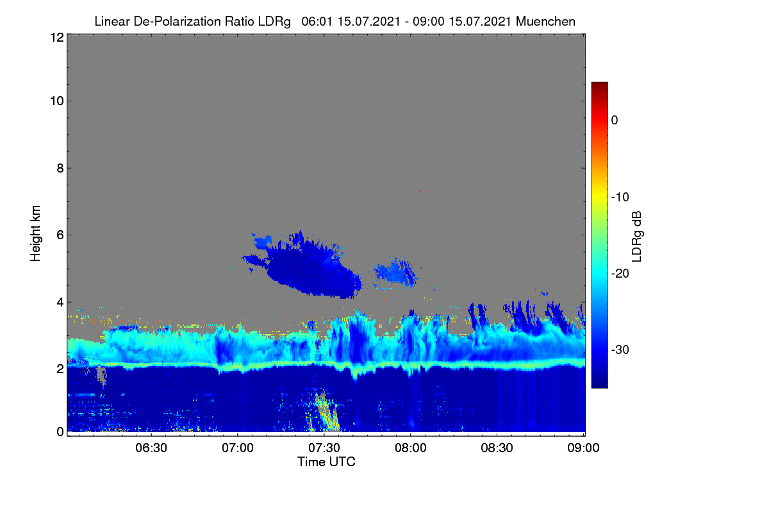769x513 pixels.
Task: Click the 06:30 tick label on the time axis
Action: pyautogui.click(x=151, y=448)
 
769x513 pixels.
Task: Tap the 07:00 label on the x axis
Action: pyautogui.click(x=238, y=448)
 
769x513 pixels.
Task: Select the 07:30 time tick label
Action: pyautogui.click(x=324, y=448)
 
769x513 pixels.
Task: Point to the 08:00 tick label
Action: pyautogui.click(x=411, y=448)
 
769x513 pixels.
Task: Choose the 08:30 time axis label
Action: pyautogui.click(x=497, y=448)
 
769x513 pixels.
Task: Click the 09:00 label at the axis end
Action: pyautogui.click(x=583, y=448)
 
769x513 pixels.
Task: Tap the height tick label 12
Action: pyautogui.click(x=57, y=37)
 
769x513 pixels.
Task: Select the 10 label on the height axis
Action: pyautogui.click(x=57, y=101)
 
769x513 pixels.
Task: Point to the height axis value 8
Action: pyautogui.click(x=60, y=168)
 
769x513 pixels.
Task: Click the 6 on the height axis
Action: pyautogui.click(x=60, y=235)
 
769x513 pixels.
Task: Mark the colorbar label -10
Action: pyautogui.click(x=620, y=198)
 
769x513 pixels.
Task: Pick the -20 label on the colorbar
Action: pyautogui.click(x=620, y=274)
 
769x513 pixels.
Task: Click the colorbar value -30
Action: pyautogui.click(x=620, y=349)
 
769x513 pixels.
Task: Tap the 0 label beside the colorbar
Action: pyautogui.click(x=615, y=121)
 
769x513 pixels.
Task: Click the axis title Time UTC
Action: pyautogui.click(x=326, y=462)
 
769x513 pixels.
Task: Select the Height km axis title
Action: pyautogui.click(x=35, y=233)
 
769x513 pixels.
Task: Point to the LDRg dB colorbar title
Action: pyautogui.click(x=636, y=237)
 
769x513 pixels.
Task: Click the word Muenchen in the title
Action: pyautogui.click(x=545, y=21)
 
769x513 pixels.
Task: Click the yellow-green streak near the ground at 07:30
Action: pyautogui.click(x=326, y=412)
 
